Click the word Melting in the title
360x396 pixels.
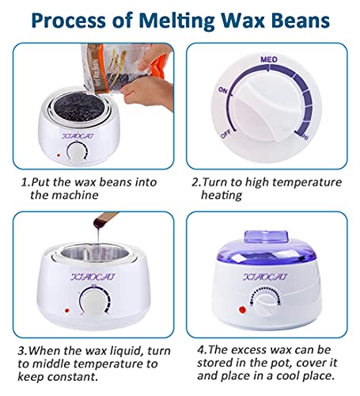(x=183, y=17)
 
